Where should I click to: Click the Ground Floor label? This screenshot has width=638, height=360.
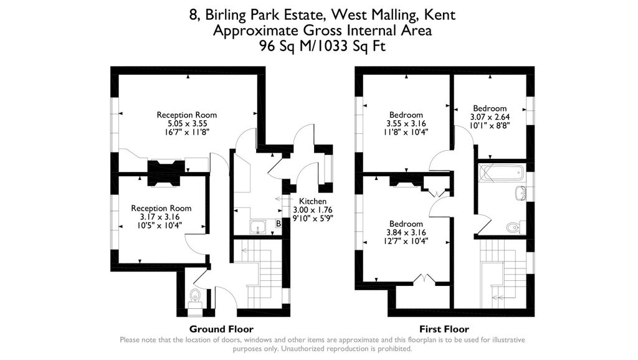point(221,329)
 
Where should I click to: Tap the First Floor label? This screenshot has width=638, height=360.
point(444,329)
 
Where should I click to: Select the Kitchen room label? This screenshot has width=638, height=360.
point(313,201)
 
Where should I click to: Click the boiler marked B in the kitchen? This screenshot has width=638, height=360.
point(279,224)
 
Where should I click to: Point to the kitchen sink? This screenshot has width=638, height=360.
point(258,227)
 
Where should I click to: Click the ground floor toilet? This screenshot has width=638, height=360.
point(195,298)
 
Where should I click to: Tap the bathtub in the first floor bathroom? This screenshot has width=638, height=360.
point(501,173)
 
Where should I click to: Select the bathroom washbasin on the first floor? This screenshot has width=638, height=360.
point(520,193)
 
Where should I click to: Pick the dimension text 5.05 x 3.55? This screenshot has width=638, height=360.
point(187,124)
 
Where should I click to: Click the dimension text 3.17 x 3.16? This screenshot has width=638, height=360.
point(160,217)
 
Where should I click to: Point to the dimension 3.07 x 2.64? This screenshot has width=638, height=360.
point(490,117)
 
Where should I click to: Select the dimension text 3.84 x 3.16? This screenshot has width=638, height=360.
point(406,233)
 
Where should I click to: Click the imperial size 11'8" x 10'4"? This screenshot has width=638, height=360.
point(406,132)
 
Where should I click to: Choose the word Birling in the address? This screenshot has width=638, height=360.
point(226,16)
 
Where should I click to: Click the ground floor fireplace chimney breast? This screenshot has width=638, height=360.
point(166,173)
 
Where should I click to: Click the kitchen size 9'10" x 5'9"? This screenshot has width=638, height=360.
point(313,219)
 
